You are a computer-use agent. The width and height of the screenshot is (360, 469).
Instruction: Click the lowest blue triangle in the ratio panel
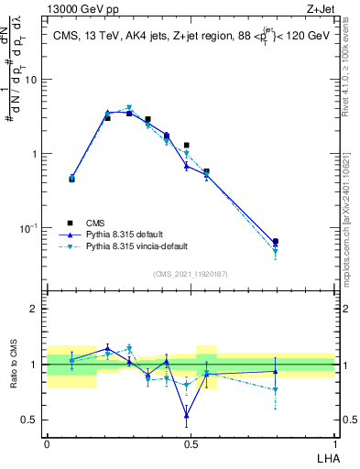tap(187, 416)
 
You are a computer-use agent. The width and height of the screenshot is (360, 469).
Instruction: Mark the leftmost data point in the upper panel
tap(71, 179)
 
